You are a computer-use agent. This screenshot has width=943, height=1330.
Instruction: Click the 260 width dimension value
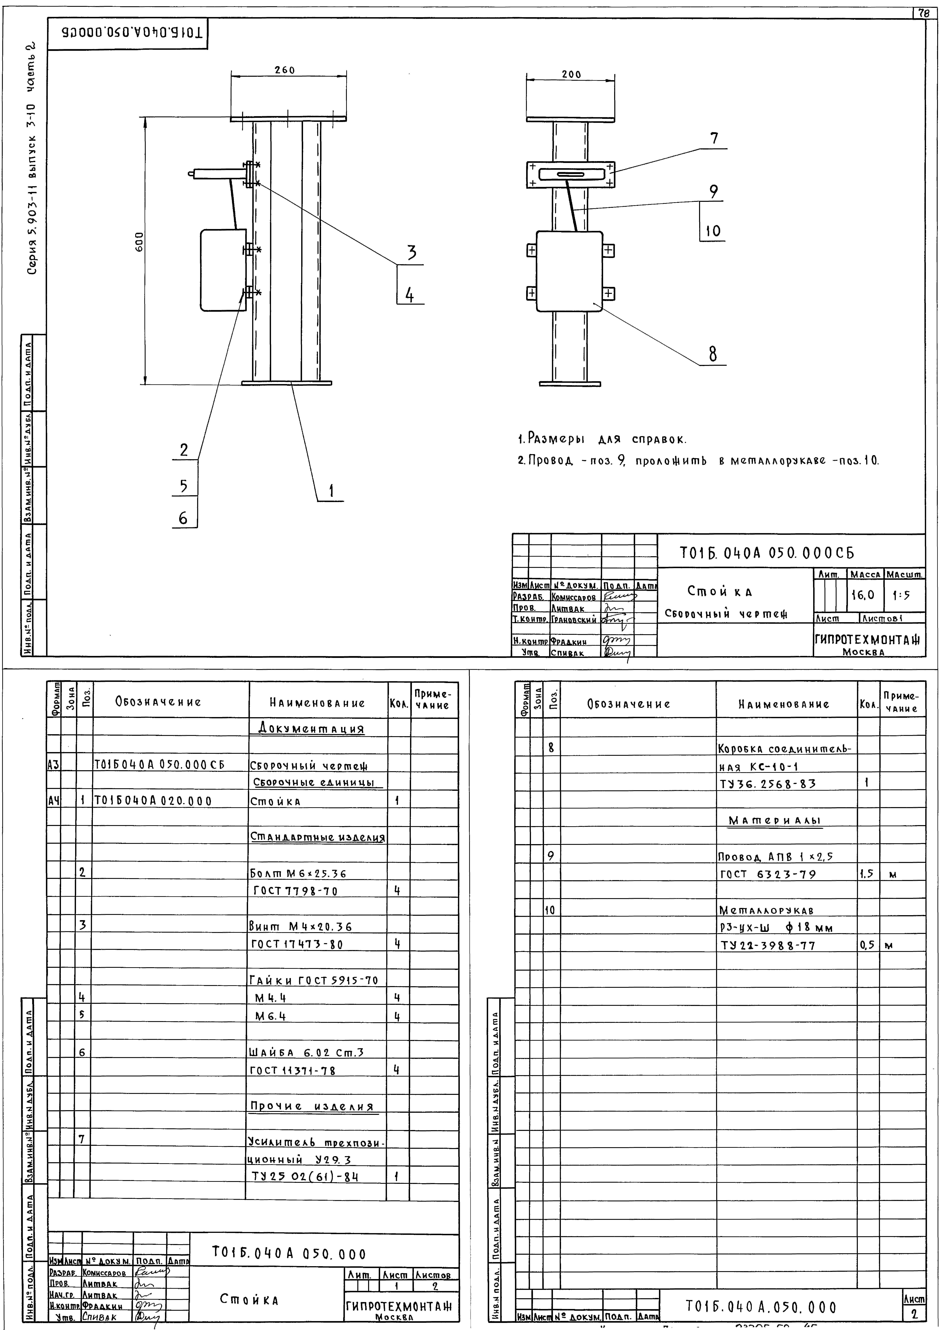(284, 70)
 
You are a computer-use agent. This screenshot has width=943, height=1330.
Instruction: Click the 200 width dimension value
(571, 75)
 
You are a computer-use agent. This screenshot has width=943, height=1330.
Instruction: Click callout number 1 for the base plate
(332, 491)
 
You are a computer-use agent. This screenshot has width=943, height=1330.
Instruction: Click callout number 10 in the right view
(713, 231)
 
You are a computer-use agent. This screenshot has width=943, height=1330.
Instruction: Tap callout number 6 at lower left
(184, 518)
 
